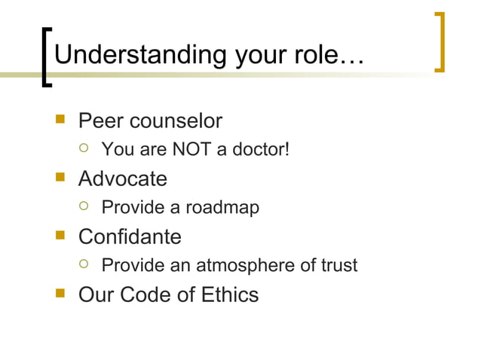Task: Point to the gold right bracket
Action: [x=440, y=43]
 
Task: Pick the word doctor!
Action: [x=260, y=150]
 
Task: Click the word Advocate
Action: [x=123, y=178]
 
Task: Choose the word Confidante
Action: [x=130, y=236]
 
